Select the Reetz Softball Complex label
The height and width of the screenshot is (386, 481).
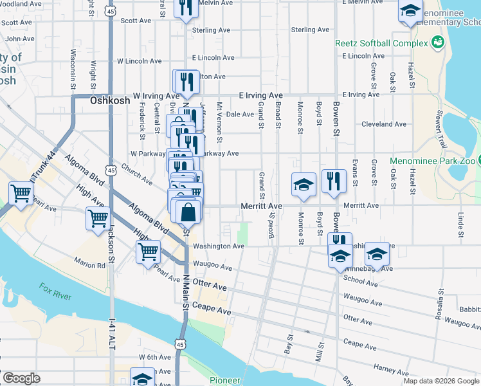[381, 44]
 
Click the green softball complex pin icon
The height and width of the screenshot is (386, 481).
[438, 43]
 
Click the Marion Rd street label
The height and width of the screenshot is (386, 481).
[89, 263]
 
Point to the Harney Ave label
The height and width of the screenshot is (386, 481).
[392, 368]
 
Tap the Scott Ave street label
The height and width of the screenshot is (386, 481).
[136, 21]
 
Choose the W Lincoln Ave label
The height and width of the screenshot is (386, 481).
[139, 62]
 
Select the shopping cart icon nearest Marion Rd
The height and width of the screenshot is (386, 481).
[149, 252]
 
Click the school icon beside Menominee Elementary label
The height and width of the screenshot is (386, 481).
[410, 12]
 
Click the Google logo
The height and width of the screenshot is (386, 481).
[21, 378]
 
